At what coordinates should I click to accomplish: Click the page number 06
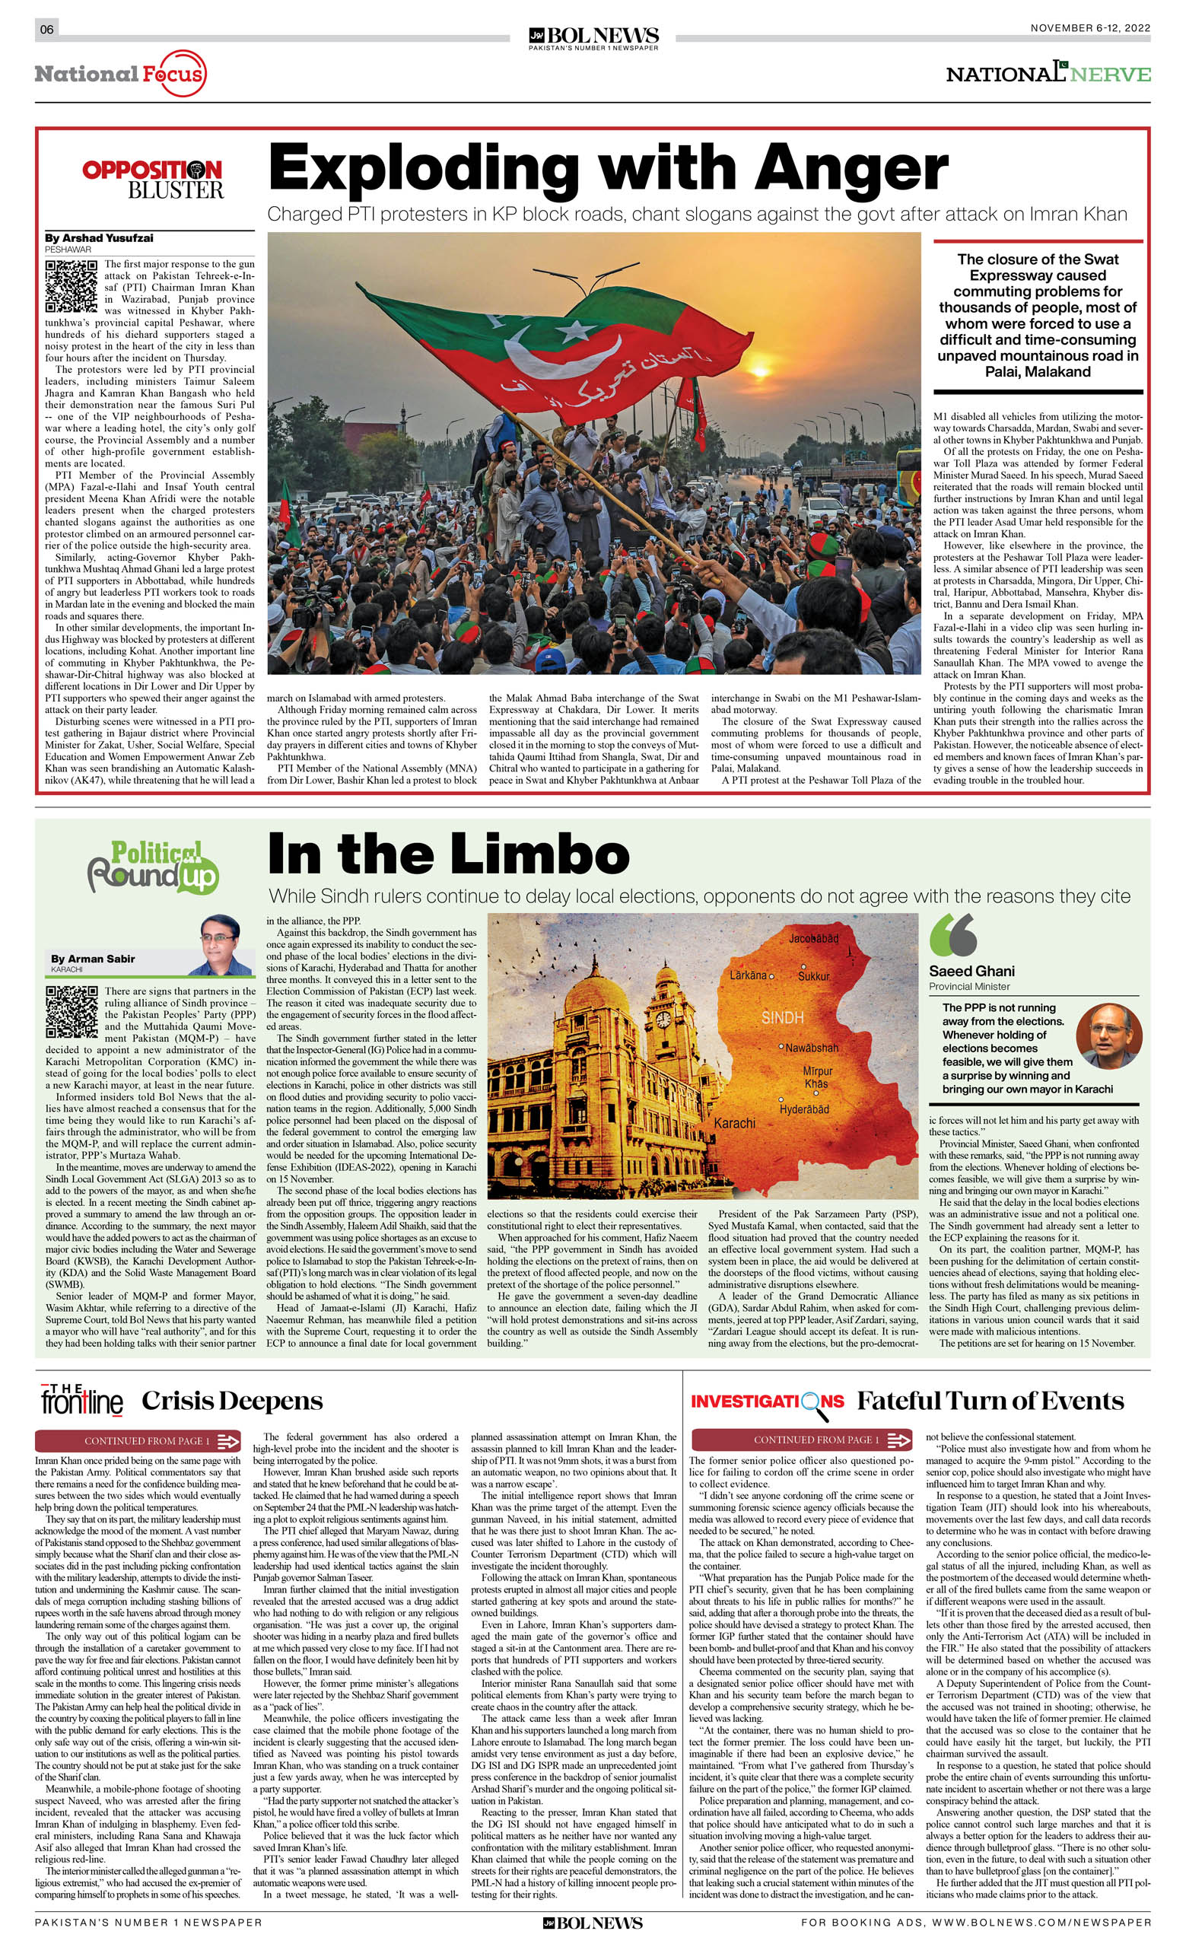[46, 29]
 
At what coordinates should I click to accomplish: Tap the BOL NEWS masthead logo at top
[593, 37]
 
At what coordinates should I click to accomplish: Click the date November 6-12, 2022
[1089, 27]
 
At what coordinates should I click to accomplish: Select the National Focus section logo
[120, 75]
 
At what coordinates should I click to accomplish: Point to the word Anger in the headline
[851, 168]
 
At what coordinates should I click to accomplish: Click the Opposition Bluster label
[152, 180]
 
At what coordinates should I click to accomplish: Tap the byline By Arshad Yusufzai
[99, 238]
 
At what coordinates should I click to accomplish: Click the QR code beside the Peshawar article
[71, 285]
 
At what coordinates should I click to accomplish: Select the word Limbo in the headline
[533, 854]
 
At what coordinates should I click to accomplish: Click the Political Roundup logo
[152, 866]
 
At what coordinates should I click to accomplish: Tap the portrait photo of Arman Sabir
[221, 945]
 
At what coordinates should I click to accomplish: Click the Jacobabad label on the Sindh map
[813, 938]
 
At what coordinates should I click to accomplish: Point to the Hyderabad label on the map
[803, 1109]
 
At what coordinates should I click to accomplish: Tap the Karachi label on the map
[734, 1123]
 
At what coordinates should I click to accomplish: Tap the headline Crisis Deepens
[232, 1401]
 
